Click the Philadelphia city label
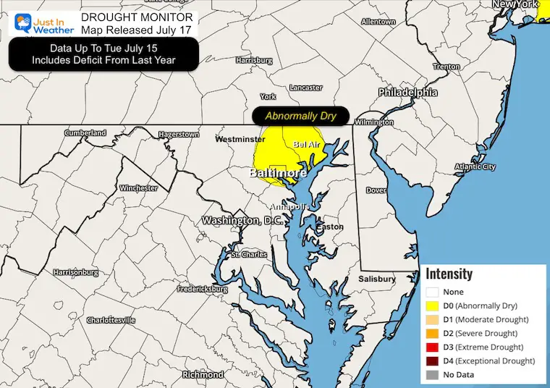(x=407, y=93)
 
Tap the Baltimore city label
(x=278, y=174)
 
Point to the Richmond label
(x=203, y=375)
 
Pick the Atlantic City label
(x=475, y=167)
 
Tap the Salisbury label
(x=377, y=279)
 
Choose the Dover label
(x=376, y=190)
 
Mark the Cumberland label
(x=85, y=133)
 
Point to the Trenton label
(x=447, y=67)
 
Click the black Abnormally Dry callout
(x=300, y=116)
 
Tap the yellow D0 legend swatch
(x=432, y=305)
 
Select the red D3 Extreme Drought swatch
(x=432, y=347)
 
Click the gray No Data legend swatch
(x=432, y=374)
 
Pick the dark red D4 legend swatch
(x=432, y=360)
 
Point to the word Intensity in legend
(x=449, y=274)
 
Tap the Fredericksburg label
(x=203, y=290)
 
